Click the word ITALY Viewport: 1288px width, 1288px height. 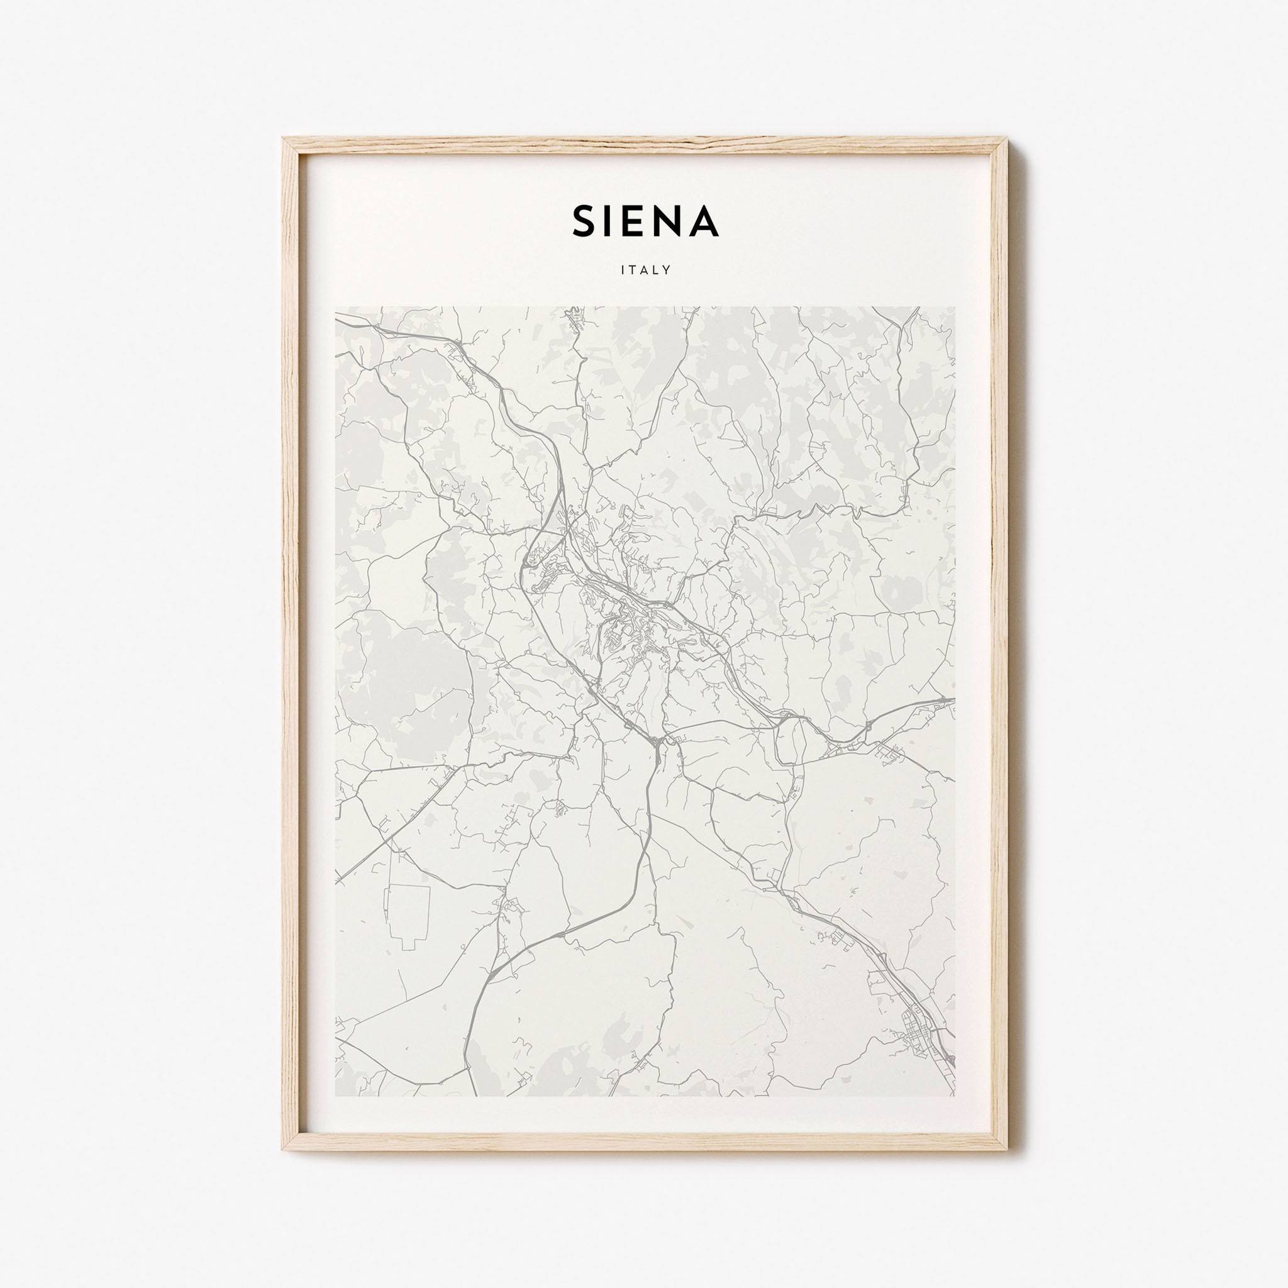tap(645, 270)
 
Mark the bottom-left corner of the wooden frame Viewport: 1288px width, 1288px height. tap(284, 1151)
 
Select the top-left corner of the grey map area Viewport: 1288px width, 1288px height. tap(336, 308)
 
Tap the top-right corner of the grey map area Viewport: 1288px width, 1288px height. tap(955, 308)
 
